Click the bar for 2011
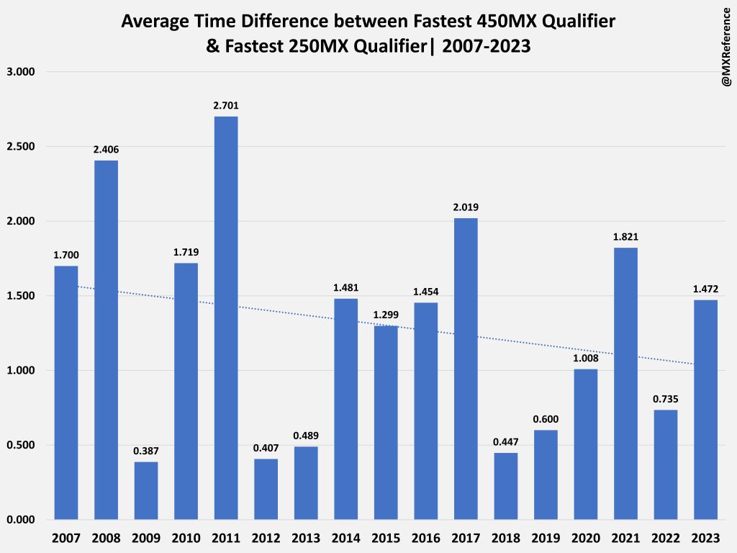tap(225, 318)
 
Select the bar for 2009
tap(145, 490)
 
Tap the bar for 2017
tap(466, 369)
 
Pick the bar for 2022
tap(666, 464)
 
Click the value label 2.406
tap(106, 150)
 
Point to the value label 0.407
tap(266, 448)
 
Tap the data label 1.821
tap(625, 237)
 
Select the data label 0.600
tap(546, 419)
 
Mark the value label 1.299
tap(386, 315)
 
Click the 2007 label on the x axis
tap(65, 537)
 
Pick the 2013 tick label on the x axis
tap(305, 537)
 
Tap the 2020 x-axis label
tap(585, 537)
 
